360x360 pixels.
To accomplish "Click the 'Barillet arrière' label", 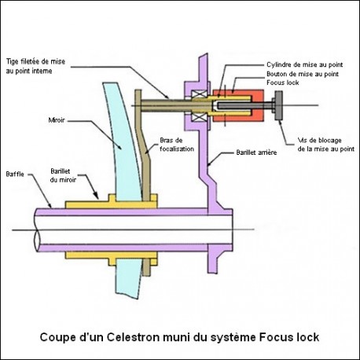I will tap(255, 153).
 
